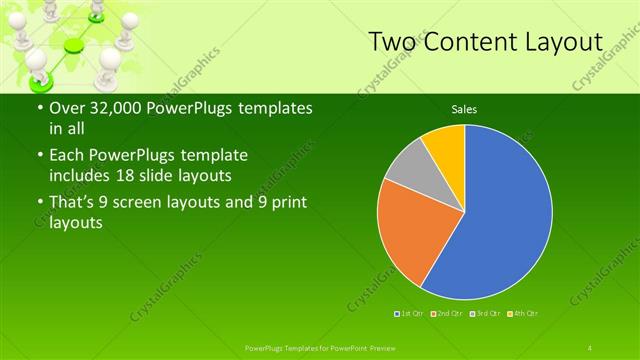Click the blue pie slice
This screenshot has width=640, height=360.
pos(505,215)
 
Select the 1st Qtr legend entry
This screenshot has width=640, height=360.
pos(410,314)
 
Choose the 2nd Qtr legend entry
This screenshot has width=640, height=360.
pos(446,314)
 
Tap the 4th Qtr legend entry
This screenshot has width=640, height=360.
pos(522,314)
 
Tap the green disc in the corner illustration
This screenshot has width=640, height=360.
pos(74,46)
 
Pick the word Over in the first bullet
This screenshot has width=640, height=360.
pos(66,108)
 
